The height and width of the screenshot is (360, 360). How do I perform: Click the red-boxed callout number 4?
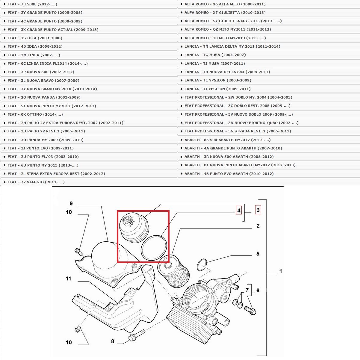(x=239, y=211)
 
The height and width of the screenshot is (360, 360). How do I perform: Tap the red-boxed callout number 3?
(x=258, y=210)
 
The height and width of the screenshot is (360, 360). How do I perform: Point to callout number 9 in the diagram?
(x=71, y=203)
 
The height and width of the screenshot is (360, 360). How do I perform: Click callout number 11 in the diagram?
(x=68, y=279)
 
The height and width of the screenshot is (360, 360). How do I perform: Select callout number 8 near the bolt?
(x=113, y=341)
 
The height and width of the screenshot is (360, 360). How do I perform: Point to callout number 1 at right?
(x=280, y=271)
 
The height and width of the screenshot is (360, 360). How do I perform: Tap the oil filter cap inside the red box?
(x=134, y=228)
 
